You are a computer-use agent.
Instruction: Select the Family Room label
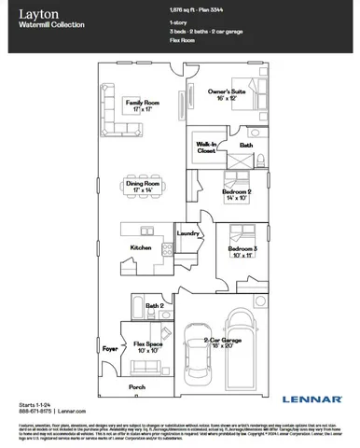[143, 103]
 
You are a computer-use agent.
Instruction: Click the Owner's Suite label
[226, 94]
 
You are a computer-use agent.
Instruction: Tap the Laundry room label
[189, 234]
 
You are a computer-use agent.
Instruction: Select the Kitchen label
[141, 248]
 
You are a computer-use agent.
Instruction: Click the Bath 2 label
[155, 305]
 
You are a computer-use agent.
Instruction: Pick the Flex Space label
[149, 346]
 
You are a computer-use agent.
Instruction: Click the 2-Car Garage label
[243, 342]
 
